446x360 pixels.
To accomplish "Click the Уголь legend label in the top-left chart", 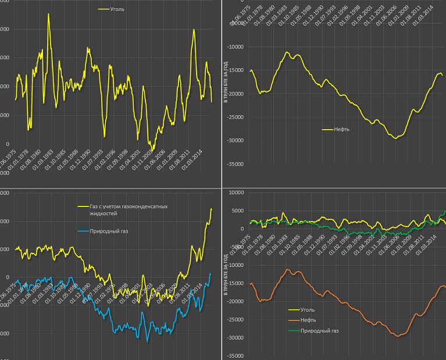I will (117, 9).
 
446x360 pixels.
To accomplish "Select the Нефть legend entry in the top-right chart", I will (341, 129).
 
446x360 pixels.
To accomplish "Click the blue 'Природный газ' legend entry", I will (109, 231).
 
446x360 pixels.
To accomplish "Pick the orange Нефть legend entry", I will (308, 320).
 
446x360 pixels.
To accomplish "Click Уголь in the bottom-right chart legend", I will (308, 310).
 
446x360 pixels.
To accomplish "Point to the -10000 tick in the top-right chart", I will (235, 48).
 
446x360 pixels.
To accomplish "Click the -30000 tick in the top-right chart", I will (235, 141).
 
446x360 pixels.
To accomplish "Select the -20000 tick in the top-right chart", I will (235, 94).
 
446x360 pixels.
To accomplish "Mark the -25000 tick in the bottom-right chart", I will (235, 320).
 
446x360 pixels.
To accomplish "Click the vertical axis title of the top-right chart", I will (226, 81).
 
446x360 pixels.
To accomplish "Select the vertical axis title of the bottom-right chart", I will (226, 273).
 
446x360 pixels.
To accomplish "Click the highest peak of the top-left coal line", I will (49, 13).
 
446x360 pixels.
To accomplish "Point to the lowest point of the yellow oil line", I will (395, 138).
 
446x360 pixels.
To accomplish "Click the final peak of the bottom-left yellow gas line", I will (211, 208).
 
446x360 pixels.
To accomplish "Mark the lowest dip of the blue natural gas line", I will (147, 341).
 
